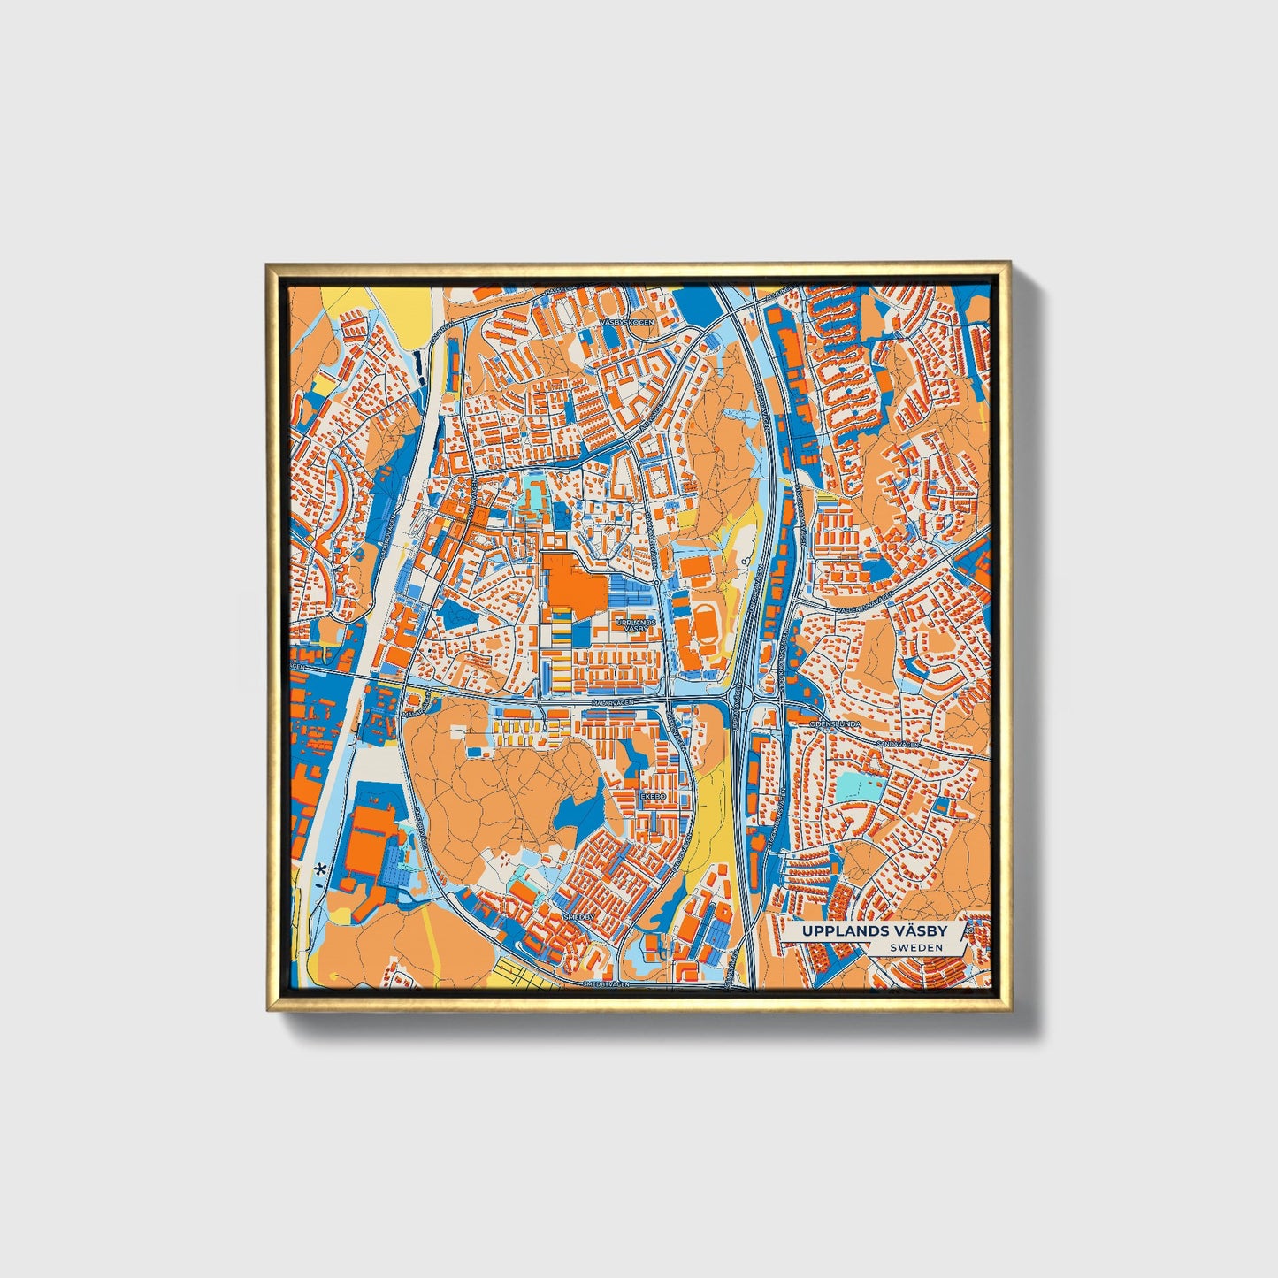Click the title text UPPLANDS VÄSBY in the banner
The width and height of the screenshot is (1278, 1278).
pos(875,931)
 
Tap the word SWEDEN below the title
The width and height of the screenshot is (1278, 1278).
pos(915,947)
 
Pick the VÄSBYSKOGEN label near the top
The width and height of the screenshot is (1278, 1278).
pos(627,323)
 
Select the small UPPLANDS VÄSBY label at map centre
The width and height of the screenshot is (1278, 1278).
pos(636,625)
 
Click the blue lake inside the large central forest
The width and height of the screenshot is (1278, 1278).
pos(575,810)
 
